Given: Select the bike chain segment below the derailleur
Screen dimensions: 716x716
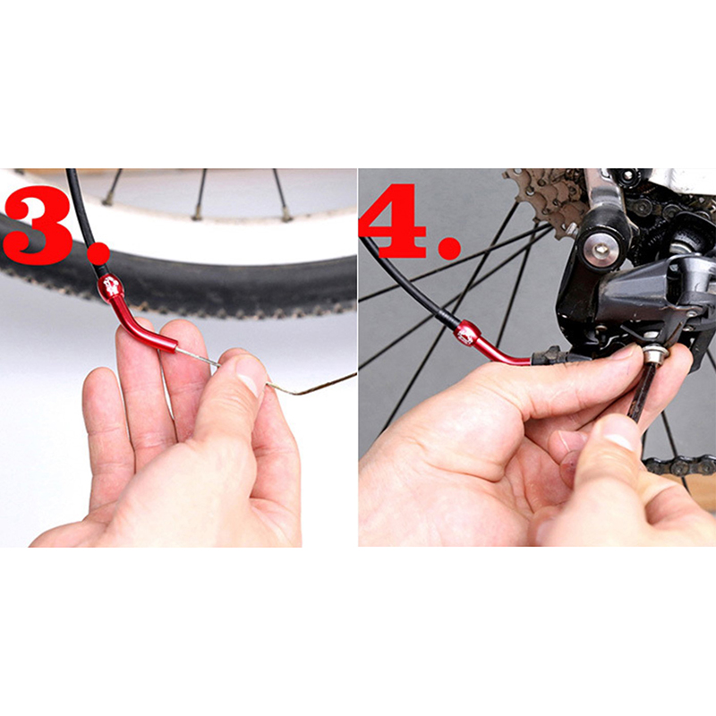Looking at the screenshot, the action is pyautogui.click(x=676, y=466).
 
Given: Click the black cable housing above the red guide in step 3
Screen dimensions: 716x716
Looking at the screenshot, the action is pyautogui.click(x=84, y=219).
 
